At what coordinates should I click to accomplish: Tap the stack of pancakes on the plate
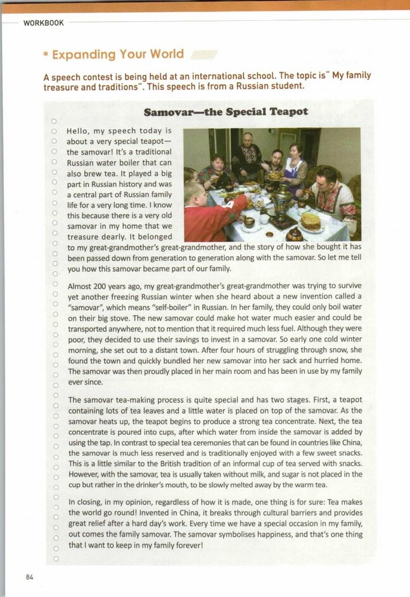point(311,221)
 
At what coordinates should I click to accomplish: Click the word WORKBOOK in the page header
point(44,23)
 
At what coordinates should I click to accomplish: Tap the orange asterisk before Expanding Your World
point(46,55)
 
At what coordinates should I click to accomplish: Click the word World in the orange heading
point(167,54)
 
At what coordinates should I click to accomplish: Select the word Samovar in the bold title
point(167,112)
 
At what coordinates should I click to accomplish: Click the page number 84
point(29,577)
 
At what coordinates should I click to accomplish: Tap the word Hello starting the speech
point(78,131)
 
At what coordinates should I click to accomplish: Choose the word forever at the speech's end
point(184,545)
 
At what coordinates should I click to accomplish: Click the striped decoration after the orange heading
point(204,55)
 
